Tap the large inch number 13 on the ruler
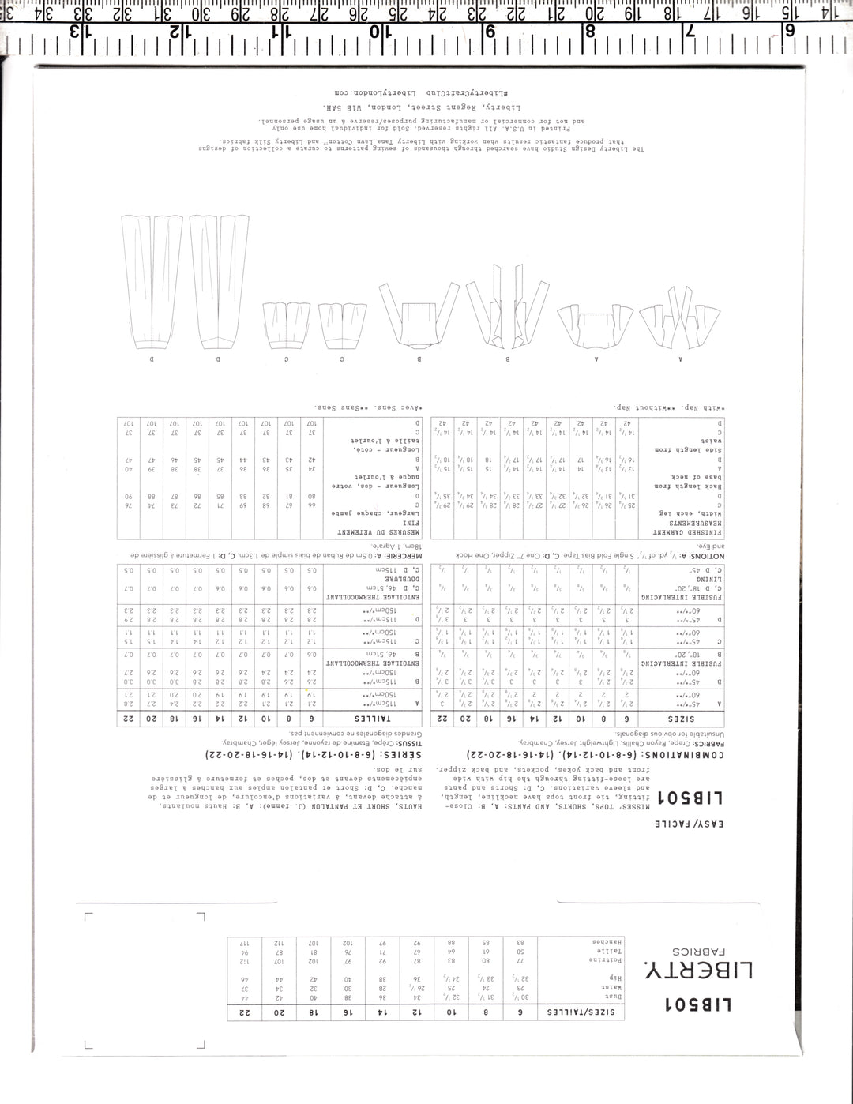coord(77,32)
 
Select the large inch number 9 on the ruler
coord(488,32)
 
